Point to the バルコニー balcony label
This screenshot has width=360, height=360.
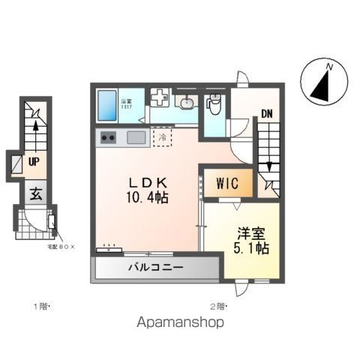click(x=155, y=268)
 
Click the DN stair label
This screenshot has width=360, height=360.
click(x=266, y=115)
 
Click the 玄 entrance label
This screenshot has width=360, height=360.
click(x=35, y=193)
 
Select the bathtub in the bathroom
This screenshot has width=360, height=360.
click(x=106, y=106)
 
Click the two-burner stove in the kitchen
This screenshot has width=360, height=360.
click(x=108, y=137)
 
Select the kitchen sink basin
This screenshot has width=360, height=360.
click(x=136, y=137)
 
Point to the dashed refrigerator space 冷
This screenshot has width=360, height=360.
click(x=162, y=136)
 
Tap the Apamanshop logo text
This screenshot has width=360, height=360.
click(x=180, y=323)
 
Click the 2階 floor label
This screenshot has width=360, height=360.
click(x=218, y=305)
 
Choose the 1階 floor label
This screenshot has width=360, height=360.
click(x=40, y=305)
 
